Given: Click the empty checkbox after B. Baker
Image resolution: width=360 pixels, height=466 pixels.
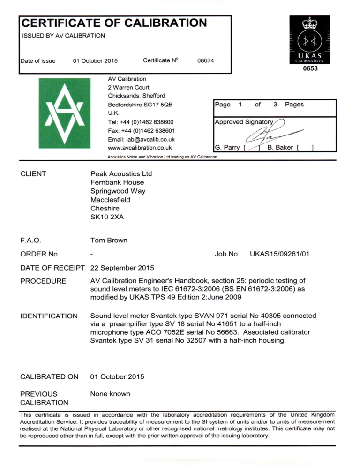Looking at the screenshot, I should click(305, 148).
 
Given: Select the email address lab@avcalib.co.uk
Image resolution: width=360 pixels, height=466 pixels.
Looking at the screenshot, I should click(142, 139).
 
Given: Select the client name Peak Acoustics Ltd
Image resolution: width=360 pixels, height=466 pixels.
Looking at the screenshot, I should click(121, 173).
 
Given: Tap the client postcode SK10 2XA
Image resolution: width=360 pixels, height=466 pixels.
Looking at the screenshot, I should click(107, 217).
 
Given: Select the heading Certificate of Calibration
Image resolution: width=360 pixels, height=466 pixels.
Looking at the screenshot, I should click(114, 23).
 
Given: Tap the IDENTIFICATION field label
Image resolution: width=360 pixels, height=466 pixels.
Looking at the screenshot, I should click(49, 316).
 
